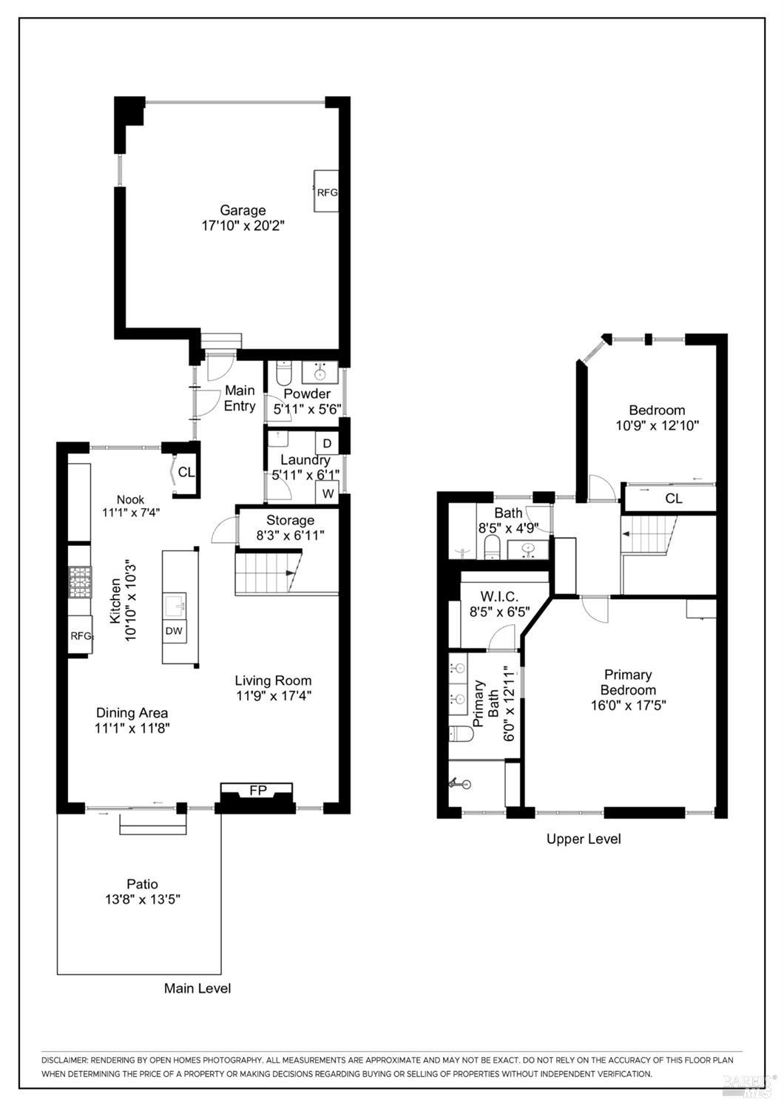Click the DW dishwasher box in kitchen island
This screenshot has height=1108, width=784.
click(x=174, y=631)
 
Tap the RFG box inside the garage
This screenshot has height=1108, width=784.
click(x=327, y=192)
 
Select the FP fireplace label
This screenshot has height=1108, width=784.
click(x=257, y=791)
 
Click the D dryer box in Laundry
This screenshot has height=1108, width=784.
click(x=326, y=444)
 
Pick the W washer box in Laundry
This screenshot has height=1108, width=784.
click(x=326, y=493)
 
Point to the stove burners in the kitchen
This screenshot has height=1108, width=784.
click(x=80, y=581)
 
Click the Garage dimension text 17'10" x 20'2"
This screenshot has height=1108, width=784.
click(x=243, y=226)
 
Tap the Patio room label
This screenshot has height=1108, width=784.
click(x=142, y=884)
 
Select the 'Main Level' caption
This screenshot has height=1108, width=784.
click(x=197, y=988)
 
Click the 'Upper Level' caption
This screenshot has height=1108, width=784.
click(x=584, y=839)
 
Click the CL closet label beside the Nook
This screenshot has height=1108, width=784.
click(x=186, y=472)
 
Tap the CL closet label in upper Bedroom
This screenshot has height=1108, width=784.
click(x=673, y=499)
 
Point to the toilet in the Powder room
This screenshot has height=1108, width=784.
click(x=284, y=371)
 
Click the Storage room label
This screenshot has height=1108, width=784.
click(x=290, y=520)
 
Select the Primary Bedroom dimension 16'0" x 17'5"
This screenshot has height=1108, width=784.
click(x=628, y=705)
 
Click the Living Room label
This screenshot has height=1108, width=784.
click(x=273, y=680)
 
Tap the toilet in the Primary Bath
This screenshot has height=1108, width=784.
click(x=461, y=733)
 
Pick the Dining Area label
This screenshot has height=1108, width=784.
click(x=132, y=713)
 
